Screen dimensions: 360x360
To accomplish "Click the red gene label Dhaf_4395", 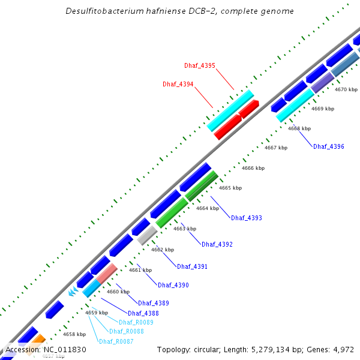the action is tap(199, 65).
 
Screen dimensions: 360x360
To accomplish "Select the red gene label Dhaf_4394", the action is tap(178, 85).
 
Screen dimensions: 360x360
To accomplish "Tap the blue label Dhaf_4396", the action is tap(329, 146).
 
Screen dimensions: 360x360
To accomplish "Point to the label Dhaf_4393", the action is tap(246, 218).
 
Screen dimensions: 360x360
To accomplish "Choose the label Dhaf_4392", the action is tap(217, 244).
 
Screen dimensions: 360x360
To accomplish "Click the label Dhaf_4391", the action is tap(192, 266).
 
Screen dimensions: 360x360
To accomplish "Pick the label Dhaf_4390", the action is tap(173, 285).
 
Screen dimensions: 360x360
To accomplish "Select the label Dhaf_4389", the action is tap(153, 303).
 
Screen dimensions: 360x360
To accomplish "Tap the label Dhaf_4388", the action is tap(143, 313).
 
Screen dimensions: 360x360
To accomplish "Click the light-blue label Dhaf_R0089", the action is tap(136, 322).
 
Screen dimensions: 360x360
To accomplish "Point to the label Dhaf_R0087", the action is tap(116, 341).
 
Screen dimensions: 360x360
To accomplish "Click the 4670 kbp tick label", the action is tap(346, 89).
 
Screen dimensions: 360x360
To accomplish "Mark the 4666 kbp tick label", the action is tap(253, 169).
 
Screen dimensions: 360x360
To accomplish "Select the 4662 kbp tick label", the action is tap(161, 250).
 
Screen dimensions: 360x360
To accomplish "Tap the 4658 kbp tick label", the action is tap(74, 334).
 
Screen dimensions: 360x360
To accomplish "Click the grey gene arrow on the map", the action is tap(147, 235).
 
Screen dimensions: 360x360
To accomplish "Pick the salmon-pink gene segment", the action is tap(107, 273).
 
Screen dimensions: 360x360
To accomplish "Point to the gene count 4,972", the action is tap(342, 349).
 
